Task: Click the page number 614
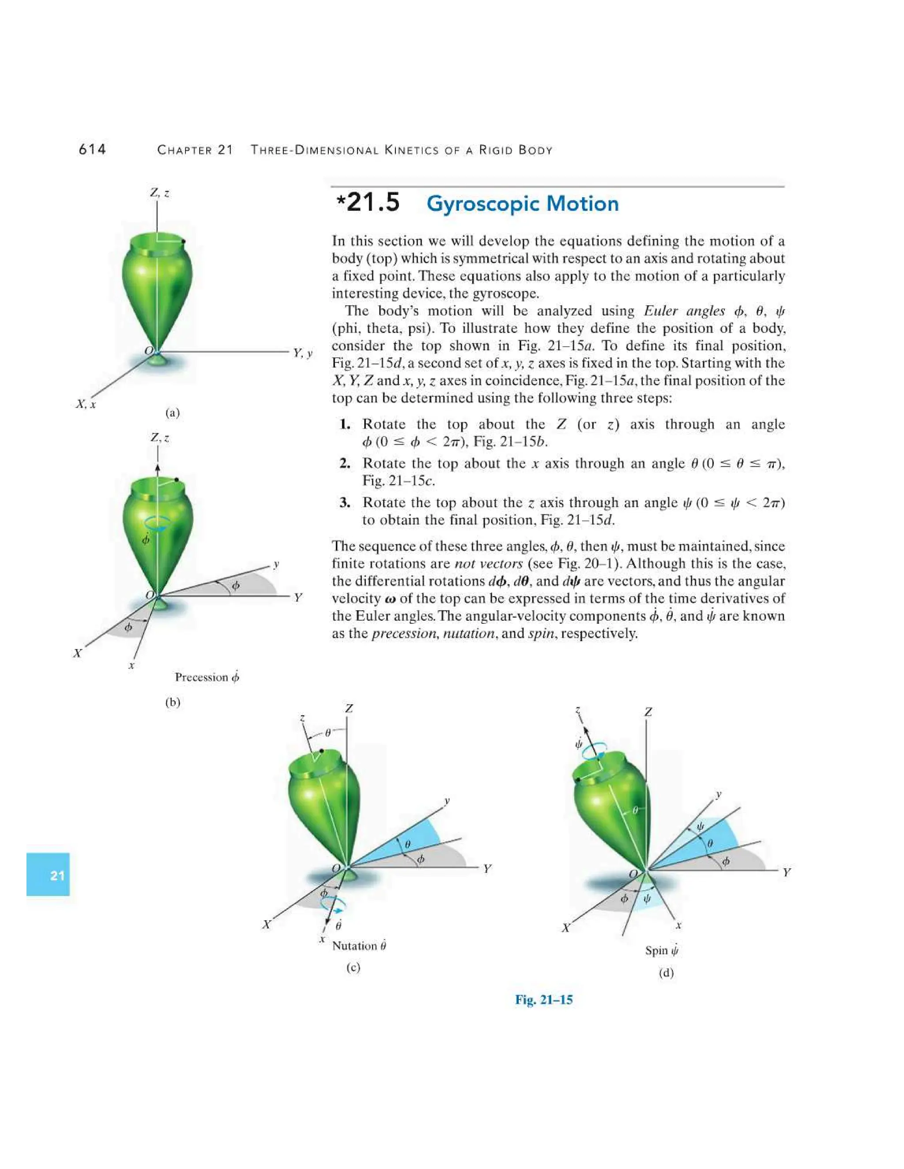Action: (x=92, y=150)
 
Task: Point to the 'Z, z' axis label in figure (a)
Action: (x=160, y=193)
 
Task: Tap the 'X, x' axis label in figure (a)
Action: (x=86, y=404)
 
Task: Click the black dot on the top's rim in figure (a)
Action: (x=183, y=242)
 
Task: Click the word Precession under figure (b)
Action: (x=201, y=677)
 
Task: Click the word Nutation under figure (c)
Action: (x=354, y=946)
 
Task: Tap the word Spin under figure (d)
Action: (x=656, y=951)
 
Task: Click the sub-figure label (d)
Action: (x=666, y=973)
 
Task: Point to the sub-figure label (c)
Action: (x=353, y=967)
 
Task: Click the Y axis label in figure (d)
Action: (x=786, y=873)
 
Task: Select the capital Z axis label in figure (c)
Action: (x=349, y=708)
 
